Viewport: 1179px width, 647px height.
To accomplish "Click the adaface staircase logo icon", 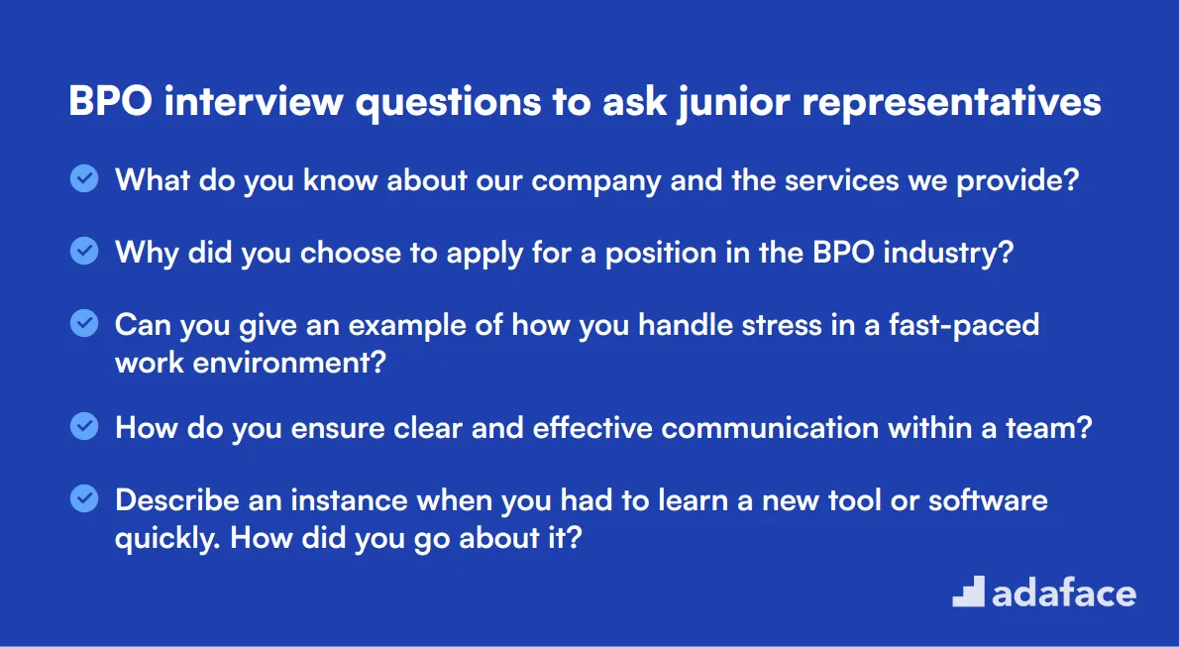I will tap(968, 592).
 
